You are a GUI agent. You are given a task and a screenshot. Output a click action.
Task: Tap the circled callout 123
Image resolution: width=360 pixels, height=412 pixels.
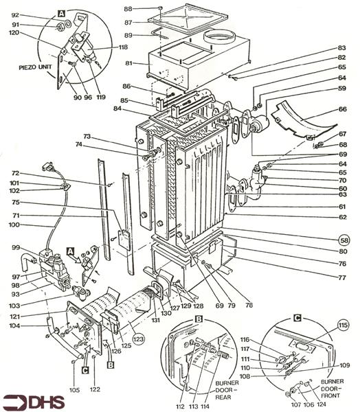point(139,338)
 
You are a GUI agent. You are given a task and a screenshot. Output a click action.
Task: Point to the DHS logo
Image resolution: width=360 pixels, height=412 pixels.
point(29,400)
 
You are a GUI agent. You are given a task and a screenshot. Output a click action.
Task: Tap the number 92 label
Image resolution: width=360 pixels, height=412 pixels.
point(16,14)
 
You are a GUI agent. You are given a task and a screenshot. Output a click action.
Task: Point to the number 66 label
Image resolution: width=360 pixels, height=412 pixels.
point(342,109)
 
